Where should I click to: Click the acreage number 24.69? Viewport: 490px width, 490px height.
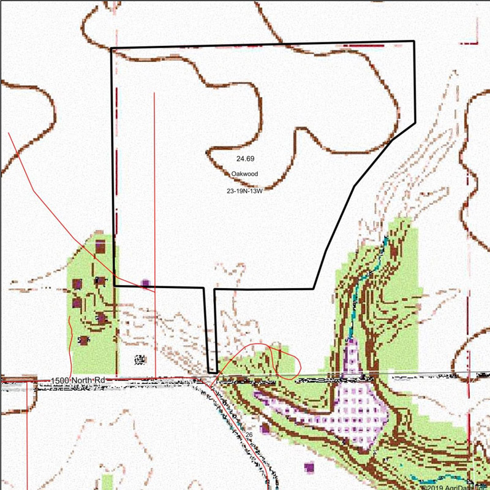coord(244,159)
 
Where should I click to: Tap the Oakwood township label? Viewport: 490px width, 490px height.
coord(244,174)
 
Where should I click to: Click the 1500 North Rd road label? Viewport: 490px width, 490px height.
coord(80,381)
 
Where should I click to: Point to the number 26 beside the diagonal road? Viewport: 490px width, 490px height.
coord(249,435)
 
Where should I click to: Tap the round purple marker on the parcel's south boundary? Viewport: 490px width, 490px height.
coord(145,283)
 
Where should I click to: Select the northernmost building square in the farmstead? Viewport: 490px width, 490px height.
coord(100,247)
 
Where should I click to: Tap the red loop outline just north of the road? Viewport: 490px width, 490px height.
coord(285,362)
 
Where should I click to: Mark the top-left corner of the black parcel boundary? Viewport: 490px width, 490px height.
coord(111,49)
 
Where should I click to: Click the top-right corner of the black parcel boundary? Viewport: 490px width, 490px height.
coord(414,42)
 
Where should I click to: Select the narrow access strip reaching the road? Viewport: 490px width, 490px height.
coord(209,331)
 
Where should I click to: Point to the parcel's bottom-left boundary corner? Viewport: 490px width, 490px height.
coord(115,286)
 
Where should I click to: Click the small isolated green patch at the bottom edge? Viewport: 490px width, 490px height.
coord(108,481)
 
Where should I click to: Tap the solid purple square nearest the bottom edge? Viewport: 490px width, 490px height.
coord(309,467)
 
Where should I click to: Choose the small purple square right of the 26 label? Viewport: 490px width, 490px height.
coord(265,427)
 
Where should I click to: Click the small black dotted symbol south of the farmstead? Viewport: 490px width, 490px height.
coord(139,359)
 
